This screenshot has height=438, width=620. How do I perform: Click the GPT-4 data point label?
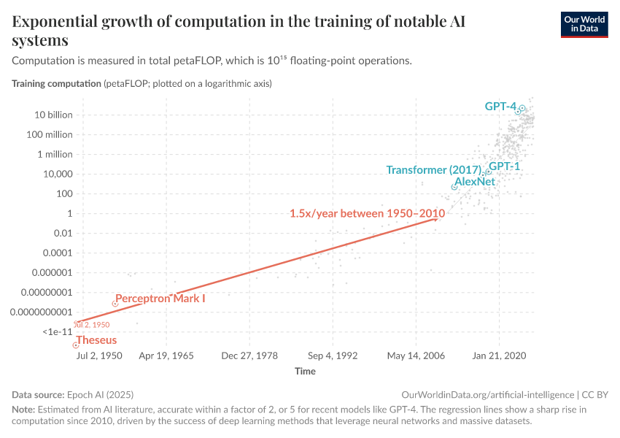500,107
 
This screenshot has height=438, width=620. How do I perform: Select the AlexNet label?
474,181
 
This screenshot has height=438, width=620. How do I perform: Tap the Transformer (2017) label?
435,170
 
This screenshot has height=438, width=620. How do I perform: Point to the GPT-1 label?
504,166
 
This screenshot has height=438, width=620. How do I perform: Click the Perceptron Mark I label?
160,299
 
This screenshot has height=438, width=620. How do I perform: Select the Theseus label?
96,340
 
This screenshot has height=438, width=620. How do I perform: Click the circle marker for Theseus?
76,345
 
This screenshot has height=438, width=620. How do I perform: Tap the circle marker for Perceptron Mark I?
114,303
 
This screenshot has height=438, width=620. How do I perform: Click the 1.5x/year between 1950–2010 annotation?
367,214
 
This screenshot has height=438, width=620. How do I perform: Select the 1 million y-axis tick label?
54,154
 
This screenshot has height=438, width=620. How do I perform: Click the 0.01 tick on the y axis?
62,233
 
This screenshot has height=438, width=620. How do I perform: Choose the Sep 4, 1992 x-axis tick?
333,356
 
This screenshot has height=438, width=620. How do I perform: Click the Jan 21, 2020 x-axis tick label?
500,356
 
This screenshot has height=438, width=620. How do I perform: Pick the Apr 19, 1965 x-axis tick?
166,356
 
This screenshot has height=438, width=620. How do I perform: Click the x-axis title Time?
305,372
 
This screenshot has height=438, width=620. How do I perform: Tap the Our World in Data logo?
584,23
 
